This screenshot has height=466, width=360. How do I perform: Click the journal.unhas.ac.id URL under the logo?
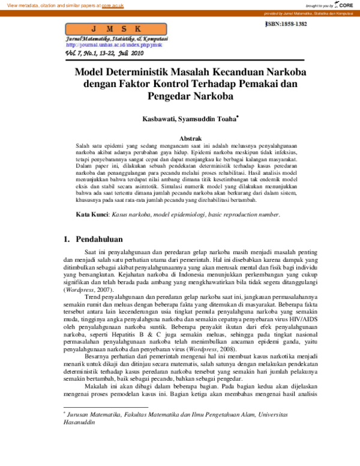coord(114,44)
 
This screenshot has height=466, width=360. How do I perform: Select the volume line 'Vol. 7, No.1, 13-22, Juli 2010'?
coord(105,53)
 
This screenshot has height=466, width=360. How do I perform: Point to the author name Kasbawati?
coord(159,120)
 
